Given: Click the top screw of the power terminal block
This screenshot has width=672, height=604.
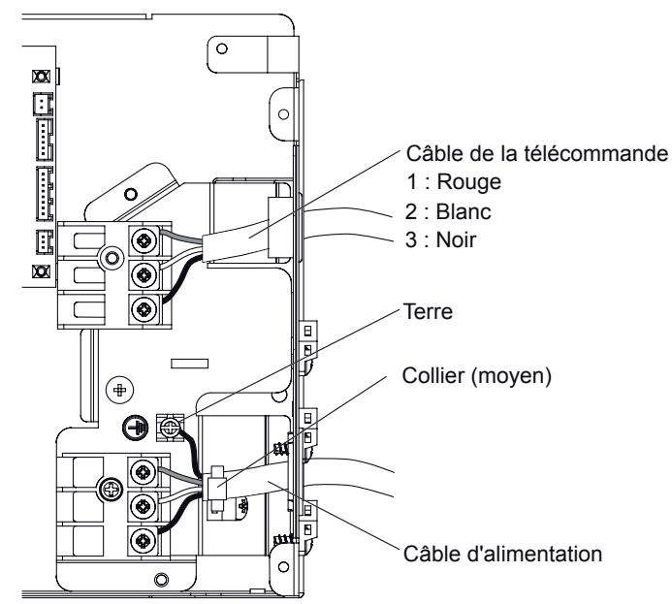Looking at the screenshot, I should (x=144, y=472).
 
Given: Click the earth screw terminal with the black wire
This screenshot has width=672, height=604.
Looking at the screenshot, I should (x=171, y=426).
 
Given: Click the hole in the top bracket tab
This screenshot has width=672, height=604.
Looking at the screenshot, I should (x=222, y=47).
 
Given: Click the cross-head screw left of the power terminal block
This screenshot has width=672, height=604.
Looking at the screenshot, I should (x=110, y=490).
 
